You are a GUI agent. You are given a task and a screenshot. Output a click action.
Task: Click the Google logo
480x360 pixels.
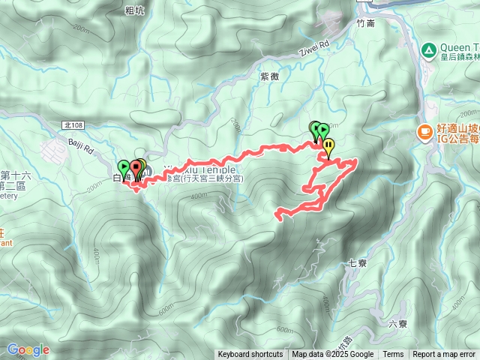click(x=28, y=349)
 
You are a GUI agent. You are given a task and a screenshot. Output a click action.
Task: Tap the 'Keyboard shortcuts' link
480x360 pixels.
click(x=250, y=355)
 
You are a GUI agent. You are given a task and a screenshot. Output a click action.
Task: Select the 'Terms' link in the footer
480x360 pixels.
click(x=393, y=355)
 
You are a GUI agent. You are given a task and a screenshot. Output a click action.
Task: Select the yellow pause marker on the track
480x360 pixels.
click(x=328, y=147)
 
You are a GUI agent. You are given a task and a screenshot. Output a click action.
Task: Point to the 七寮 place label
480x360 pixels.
click(x=357, y=263)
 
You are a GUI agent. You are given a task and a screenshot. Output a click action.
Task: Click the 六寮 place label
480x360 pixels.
click(x=397, y=324)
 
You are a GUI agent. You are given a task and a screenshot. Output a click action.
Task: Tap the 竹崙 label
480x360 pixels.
click(x=365, y=23)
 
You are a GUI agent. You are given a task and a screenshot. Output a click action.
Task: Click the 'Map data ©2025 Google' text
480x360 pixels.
click(x=333, y=355)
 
